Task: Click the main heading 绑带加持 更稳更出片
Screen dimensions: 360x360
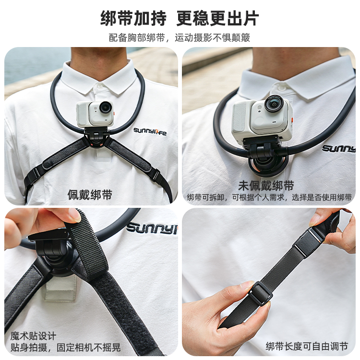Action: click(180, 18)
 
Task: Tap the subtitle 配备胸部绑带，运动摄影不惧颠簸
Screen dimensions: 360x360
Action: click(180, 37)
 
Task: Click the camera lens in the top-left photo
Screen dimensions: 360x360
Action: click(106, 107)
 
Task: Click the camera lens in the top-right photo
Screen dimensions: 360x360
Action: click(274, 104)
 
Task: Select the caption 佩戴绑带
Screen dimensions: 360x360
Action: click(90, 195)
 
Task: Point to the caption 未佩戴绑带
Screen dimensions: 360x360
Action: click(266, 185)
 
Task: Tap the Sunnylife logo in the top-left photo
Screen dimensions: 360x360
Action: click(150, 132)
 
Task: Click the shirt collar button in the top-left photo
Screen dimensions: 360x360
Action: click(99, 86)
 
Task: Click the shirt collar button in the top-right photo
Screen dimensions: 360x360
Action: click(282, 87)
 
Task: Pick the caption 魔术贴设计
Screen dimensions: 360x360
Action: click(33, 336)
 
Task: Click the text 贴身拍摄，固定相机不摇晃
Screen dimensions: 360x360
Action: click(65, 348)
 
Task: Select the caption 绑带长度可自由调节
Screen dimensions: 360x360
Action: click(307, 346)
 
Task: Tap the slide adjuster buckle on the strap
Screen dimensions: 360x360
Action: click(259, 293)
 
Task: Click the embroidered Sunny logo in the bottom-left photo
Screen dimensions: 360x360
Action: click(152, 228)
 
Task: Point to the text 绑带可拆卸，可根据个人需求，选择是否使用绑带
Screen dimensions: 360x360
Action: click(269, 197)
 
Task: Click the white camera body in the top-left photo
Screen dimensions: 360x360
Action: click(95, 114)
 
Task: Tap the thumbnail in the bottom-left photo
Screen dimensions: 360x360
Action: click(74, 215)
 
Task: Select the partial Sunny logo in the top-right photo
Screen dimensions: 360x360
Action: click(339, 148)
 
